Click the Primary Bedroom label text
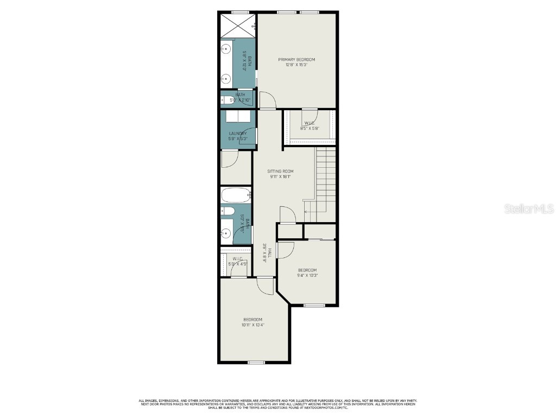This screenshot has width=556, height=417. tap(296, 59)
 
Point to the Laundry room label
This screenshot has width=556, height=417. tap(238, 134)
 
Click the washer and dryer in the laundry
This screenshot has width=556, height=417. tap(238, 117)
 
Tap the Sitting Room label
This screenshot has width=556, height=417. tap(280, 171)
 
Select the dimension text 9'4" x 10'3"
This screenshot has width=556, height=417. tap(307, 275)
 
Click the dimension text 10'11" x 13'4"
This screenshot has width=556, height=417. tap(253, 325)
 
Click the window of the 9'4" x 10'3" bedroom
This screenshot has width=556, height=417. tap(313, 305)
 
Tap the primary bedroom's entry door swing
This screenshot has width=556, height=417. tap(268, 100)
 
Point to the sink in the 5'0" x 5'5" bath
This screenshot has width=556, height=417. tap(226, 233)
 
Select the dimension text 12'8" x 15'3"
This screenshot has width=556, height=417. tap(296, 65)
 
